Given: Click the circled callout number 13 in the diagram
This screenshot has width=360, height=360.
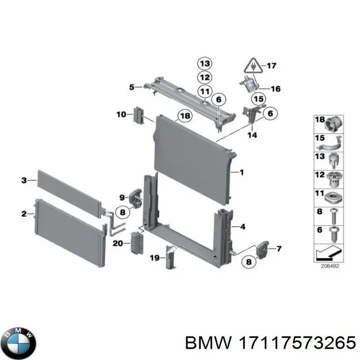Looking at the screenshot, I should click(205, 63).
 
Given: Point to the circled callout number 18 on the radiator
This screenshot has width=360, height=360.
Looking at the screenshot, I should click(184, 116).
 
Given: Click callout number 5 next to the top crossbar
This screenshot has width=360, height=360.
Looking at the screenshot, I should click(131, 87).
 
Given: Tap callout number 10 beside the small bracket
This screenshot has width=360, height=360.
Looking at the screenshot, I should click(121, 114).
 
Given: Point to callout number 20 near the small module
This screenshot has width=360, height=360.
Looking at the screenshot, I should click(117, 243).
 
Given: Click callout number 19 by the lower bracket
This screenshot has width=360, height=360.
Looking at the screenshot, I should click(154, 258).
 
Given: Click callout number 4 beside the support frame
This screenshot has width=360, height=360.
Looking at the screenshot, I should click(243, 227).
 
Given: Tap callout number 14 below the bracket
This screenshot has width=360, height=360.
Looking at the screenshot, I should click(252, 135).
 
